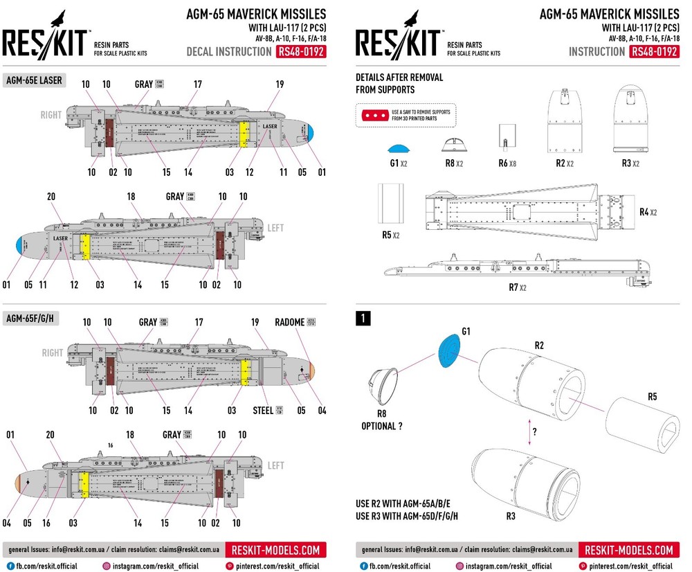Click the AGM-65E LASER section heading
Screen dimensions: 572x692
tap(34, 80)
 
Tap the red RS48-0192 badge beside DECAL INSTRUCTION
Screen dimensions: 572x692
tap(300, 52)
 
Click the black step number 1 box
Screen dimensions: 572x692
tap(363, 319)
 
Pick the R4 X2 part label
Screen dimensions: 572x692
tap(647, 212)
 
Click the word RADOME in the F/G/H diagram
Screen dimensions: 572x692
tap(289, 323)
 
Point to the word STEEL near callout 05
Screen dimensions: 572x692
tap(263, 411)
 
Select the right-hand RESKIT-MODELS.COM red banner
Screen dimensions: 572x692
tap(628, 551)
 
